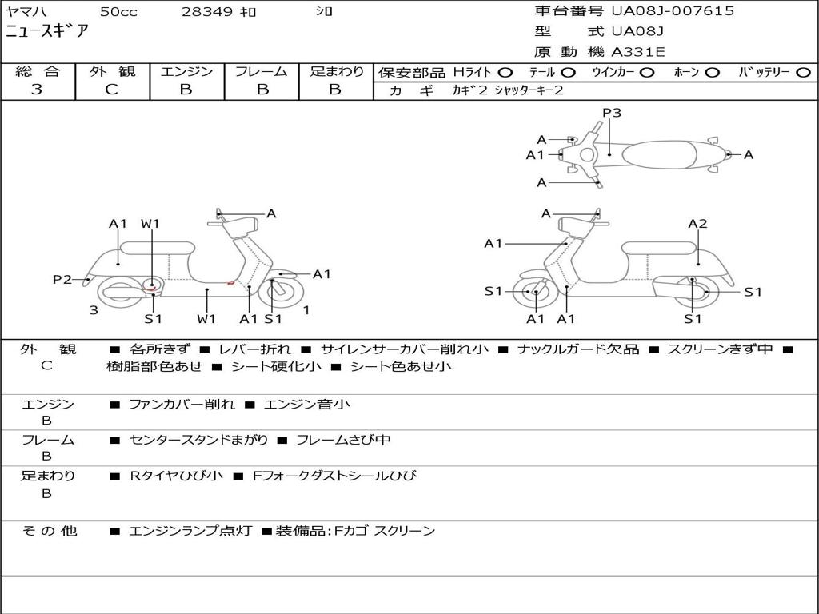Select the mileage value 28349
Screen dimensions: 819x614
point(207,12)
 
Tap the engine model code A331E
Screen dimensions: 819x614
point(637,52)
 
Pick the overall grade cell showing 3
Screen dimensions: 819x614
point(37,90)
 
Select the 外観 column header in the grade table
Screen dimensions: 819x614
point(112,71)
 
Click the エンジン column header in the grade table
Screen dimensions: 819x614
point(186,71)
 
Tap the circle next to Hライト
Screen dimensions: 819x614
point(505,72)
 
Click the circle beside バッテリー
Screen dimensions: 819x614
point(803,72)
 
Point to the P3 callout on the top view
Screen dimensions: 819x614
point(612,113)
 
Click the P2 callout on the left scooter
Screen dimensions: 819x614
point(62,279)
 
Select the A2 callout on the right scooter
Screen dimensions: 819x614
point(697,224)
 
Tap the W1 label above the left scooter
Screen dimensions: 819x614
point(151,224)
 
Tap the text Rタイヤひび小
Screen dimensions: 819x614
point(177,476)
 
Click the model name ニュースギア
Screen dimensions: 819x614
point(47,32)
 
